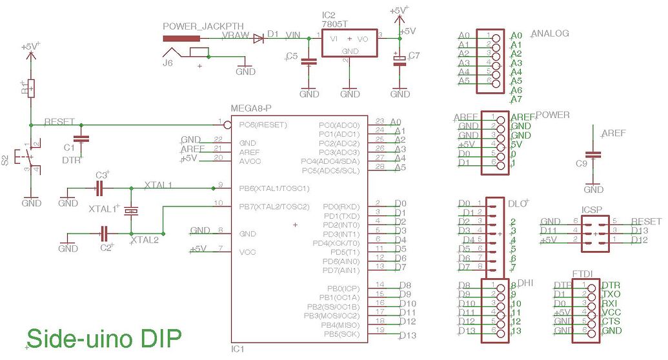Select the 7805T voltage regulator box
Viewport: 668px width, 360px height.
coord(349,43)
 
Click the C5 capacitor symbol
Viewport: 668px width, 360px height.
coord(309,62)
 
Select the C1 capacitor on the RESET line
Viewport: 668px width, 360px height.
coord(81,139)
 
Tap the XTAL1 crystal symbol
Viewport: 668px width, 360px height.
coord(132,210)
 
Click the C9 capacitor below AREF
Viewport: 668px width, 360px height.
coord(593,155)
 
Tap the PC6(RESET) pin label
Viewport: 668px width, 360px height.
coord(264,125)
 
